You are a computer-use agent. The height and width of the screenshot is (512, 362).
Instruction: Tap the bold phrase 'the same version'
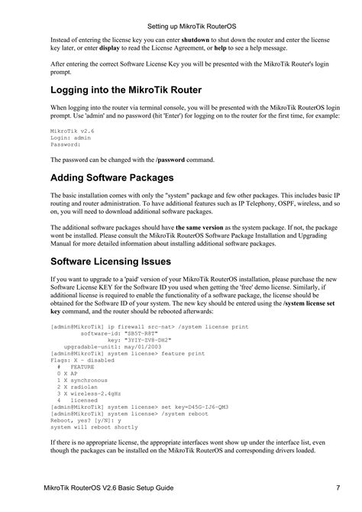point(205,228)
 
